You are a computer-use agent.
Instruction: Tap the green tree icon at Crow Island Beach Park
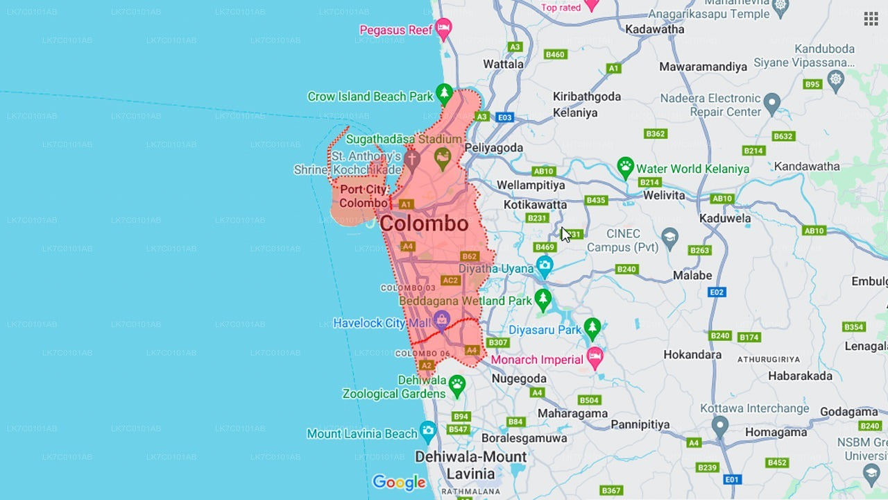[445, 94]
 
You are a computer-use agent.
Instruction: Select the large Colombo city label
[424, 224]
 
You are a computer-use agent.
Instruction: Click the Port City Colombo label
[363, 196]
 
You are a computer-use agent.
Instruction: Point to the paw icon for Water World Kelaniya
[626, 167]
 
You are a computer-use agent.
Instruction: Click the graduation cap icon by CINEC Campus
[669, 237]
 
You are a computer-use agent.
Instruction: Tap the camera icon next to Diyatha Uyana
[545, 266]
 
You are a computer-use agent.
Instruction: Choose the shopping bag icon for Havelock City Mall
[441, 319]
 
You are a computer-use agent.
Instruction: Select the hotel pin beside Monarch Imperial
[595, 358]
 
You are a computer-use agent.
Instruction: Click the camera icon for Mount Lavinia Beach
[428, 431]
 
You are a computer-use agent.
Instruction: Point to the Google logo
[399, 482]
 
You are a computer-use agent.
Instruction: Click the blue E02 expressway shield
[717, 292]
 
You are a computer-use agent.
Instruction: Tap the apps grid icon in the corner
[871, 19]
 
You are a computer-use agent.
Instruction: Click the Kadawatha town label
[654, 29]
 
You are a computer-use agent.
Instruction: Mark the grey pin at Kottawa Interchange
[720, 424]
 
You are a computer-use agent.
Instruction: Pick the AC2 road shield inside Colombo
[450, 281]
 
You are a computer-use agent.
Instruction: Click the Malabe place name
[692, 276]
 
